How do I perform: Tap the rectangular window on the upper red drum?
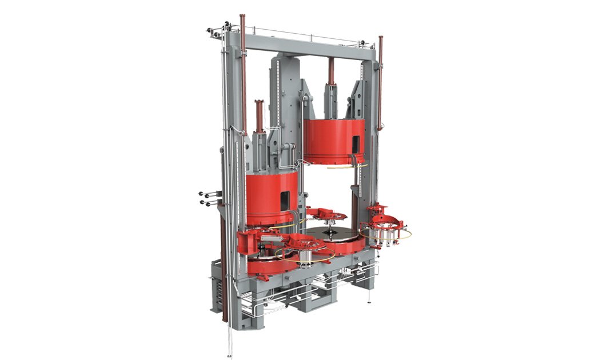click(356, 143)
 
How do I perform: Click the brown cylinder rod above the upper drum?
click(330, 71)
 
